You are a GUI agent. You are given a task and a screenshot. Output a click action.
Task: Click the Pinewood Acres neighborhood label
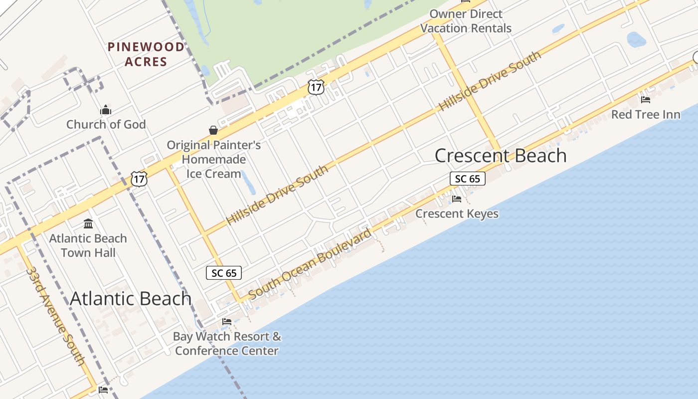point(146,54)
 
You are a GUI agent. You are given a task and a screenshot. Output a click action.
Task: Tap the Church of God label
point(106,124)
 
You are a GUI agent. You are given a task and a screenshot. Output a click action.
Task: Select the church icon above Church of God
point(106,110)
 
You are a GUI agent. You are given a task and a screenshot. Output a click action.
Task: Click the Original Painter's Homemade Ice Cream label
point(214,159)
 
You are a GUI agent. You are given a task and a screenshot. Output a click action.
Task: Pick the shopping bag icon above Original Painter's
point(213,131)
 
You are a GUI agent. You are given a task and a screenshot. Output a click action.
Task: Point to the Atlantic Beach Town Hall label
point(88,245)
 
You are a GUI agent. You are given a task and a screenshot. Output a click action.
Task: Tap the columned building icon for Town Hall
point(88,223)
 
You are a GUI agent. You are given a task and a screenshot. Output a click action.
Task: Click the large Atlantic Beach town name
point(131,298)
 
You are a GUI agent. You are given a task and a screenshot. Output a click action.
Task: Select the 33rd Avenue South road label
point(56,316)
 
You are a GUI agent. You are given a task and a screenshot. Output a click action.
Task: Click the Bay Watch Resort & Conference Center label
point(227,344)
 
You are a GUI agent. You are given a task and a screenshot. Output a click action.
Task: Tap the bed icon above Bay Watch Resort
point(227,322)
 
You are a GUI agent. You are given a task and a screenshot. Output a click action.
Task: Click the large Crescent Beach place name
point(501,156)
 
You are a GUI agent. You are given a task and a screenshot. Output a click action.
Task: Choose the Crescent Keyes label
point(457,214)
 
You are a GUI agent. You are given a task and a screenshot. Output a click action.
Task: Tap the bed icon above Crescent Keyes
point(457,199)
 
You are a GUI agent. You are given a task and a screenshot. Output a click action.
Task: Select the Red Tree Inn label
point(646,115)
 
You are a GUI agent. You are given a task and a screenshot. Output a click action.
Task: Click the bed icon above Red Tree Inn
point(646,100)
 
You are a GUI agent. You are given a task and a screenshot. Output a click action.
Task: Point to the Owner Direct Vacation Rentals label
point(466,21)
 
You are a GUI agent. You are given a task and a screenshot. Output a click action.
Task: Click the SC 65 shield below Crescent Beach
point(467,179)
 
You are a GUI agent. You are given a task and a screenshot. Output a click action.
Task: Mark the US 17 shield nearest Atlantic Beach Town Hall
point(139,179)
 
